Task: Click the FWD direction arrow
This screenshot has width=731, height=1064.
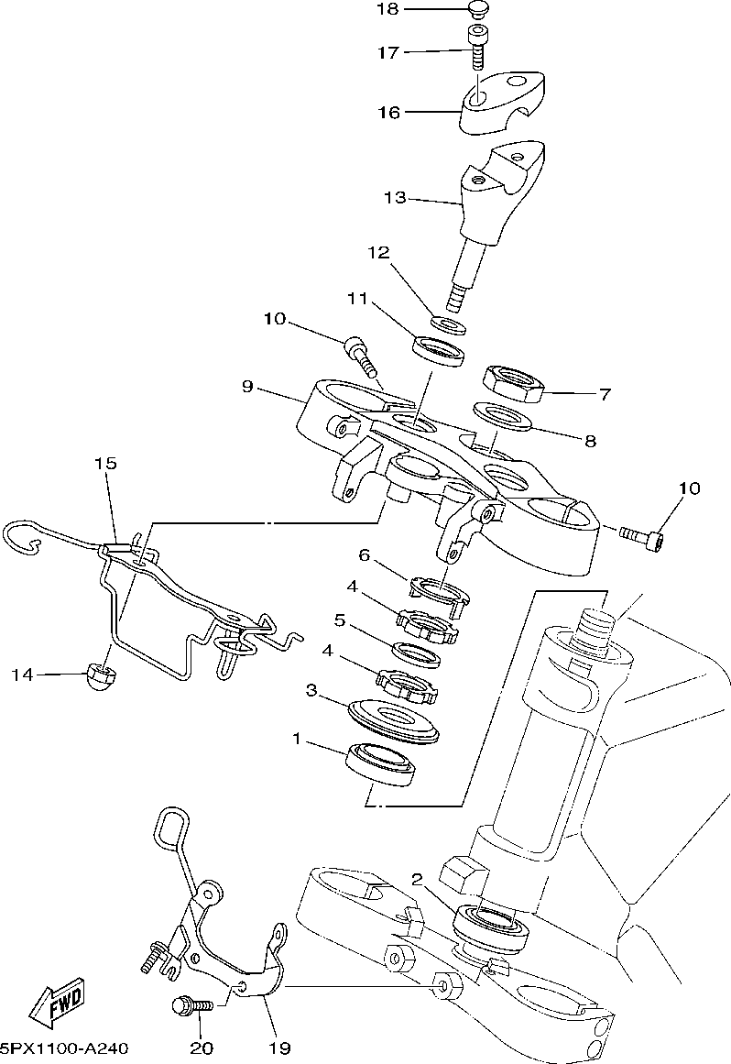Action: [x=58, y=1003]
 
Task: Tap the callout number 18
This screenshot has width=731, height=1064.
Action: [x=387, y=9]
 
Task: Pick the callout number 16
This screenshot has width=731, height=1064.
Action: [x=389, y=112]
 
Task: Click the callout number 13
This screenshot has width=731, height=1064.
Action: [x=395, y=197]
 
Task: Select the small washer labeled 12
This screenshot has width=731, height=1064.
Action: [x=448, y=324]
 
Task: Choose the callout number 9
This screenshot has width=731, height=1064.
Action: [x=247, y=387]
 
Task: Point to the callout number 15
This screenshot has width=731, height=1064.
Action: [x=105, y=464]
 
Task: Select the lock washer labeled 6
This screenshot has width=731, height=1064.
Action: [x=440, y=589]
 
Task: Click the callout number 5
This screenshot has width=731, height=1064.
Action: [x=341, y=620]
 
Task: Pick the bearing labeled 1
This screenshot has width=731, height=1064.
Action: [x=381, y=764]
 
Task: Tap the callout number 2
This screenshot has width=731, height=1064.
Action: [x=417, y=880]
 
